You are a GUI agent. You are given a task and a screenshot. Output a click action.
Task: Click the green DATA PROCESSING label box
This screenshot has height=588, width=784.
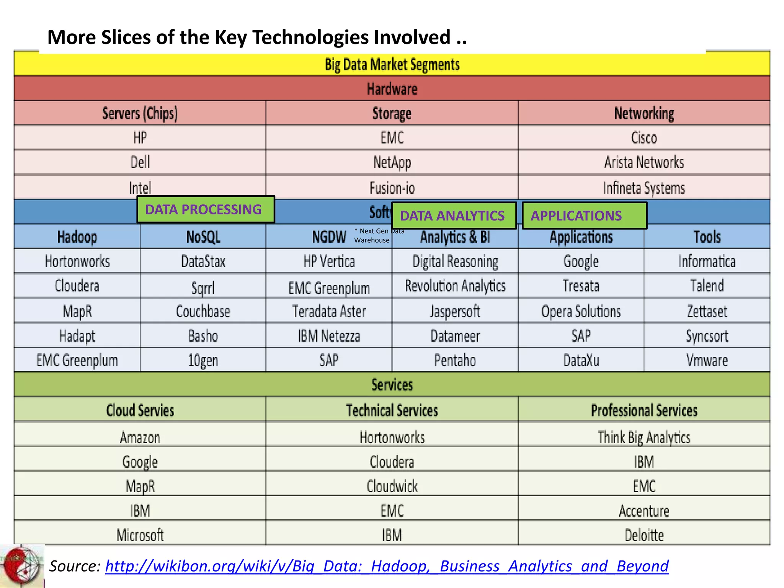coord(206,209)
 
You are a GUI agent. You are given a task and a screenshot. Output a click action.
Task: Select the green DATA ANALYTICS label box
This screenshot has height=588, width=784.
coord(454,216)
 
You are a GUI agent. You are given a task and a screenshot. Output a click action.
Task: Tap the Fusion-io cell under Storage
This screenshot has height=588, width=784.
coord(392,188)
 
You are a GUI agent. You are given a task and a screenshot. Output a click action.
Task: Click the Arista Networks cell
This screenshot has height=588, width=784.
coord(644,162)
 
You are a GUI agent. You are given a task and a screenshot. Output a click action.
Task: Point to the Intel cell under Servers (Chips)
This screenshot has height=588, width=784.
coord(140,188)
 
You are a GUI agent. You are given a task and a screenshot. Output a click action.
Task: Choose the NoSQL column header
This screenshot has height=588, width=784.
coord(203,237)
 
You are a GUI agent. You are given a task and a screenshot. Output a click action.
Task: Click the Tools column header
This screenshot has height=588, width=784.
coord(707,237)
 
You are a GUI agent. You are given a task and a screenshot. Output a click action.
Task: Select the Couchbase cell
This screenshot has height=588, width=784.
coord(203,311)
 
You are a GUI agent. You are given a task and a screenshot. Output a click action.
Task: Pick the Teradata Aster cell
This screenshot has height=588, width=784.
coord(329,311)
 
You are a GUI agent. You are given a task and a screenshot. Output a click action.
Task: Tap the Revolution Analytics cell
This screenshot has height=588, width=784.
coord(455,286)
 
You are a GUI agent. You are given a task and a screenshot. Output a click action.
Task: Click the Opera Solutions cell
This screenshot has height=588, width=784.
coord(581,311)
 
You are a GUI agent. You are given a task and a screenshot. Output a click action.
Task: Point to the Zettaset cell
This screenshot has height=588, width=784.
coord(707,311)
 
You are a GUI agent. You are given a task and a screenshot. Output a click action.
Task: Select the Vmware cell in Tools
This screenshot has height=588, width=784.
coord(707,360)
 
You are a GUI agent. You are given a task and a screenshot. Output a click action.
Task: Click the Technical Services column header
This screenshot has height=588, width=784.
coord(392,410)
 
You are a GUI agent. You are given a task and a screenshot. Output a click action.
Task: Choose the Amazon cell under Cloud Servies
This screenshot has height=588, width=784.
coord(140,437)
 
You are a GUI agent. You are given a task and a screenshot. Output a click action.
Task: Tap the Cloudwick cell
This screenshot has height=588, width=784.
coord(392,486)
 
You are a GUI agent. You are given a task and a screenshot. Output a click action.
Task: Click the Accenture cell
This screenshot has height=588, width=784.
coord(644,511)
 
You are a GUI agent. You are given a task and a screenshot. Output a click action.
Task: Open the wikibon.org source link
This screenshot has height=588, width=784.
coord(387,566)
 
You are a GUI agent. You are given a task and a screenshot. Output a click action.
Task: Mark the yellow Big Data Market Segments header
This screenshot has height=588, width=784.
coord(392,64)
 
